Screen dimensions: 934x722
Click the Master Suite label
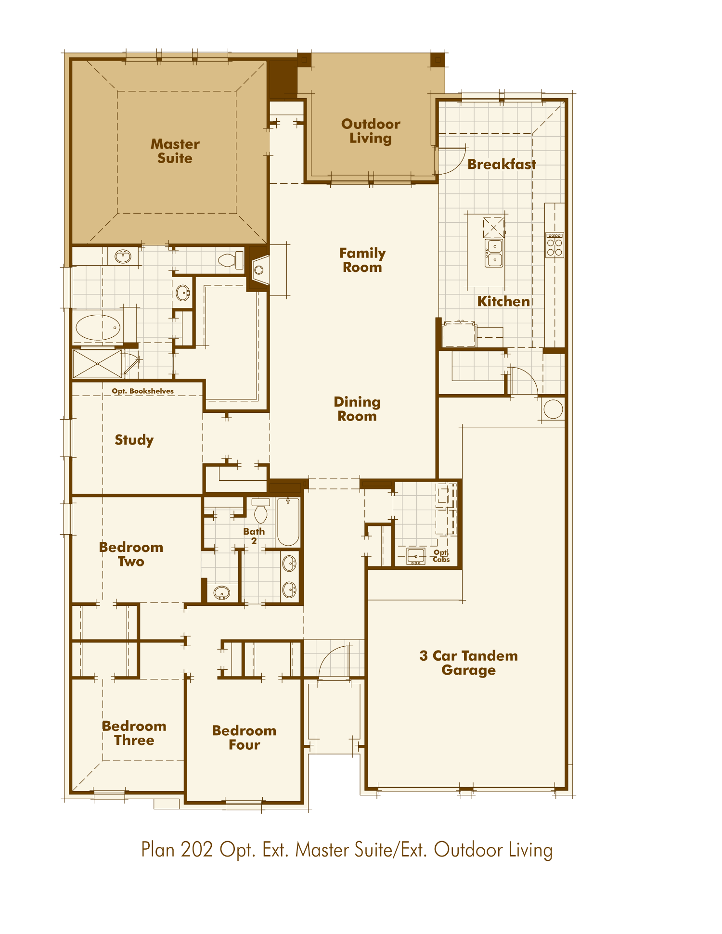pos(175,151)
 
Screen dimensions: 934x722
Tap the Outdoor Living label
pos(371,131)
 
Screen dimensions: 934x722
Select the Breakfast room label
pos(502,165)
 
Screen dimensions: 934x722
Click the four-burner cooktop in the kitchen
pos(554,245)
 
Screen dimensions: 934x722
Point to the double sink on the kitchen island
pos(494,253)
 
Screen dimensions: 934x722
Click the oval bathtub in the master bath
pos(98,328)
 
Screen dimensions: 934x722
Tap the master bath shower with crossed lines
pos(97,364)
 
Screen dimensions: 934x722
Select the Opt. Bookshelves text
pos(142,391)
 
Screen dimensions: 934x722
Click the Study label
pos(134,440)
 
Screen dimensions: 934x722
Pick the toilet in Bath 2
pos(261,511)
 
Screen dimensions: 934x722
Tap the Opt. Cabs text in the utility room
pos(441,556)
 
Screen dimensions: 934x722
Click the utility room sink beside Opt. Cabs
pos(416,556)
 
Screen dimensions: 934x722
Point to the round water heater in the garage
pos(553,409)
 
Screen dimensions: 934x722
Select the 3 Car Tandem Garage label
pos(468,663)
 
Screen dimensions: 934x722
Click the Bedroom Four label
pos(244,737)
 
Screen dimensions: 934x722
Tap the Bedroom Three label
pos(134,733)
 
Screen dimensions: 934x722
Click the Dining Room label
pos(357,409)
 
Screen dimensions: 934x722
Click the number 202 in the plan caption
pos(196,850)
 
